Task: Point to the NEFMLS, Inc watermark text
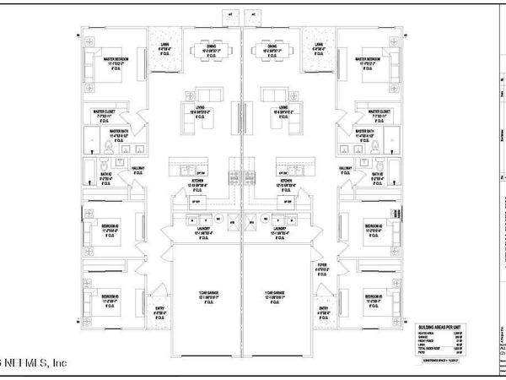point(34,364)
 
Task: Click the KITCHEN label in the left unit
point(198,182)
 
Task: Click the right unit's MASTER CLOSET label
point(374,111)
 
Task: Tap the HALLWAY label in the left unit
point(138,170)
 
